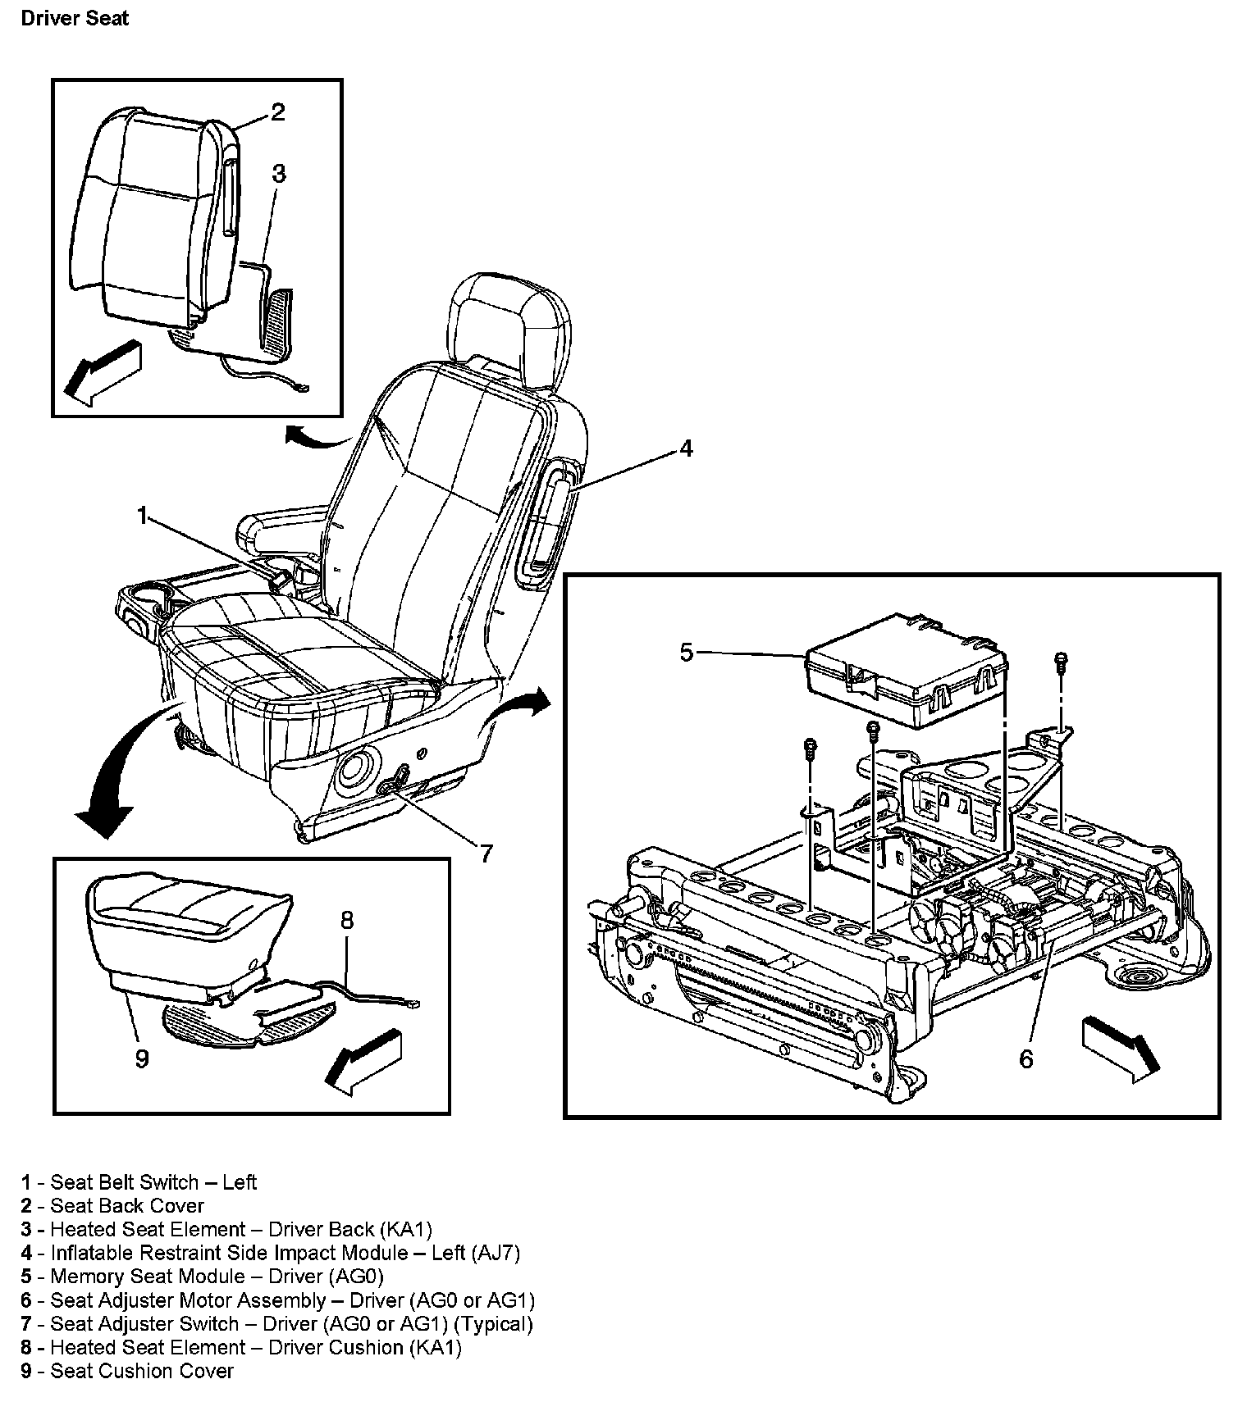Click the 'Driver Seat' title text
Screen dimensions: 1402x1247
click(x=75, y=18)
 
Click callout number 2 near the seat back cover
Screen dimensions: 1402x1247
click(x=277, y=112)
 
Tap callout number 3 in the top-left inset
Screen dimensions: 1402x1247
click(x=278, y=174)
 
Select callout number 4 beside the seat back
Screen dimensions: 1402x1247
click(x=685, y=448)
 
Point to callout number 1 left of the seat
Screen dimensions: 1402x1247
click(x=143, y=516)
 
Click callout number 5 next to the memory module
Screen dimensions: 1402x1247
click(x=687, y=653)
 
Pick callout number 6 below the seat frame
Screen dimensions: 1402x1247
click(x=1026, y=1059)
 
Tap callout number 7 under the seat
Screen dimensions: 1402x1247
click(x=486, y=854)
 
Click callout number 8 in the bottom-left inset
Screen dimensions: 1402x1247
click(x=346, y=921)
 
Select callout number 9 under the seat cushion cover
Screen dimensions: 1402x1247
click(x=142, y=1059)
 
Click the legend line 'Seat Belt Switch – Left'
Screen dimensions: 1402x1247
click(x=139, y=1182)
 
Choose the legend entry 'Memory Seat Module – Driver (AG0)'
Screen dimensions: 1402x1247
click(x=203, y=1277)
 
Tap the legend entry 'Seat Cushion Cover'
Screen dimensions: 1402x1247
click(x=128, y=1371)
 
